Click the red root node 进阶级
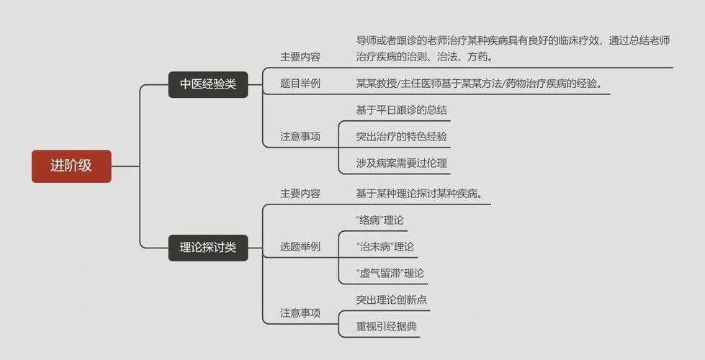pos(71,166)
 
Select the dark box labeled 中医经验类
pos(207,84)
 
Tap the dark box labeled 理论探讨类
pos(207,248)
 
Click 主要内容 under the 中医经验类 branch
pos(300,57)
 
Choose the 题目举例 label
pos(300,84)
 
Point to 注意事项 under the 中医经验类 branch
pos(300,136)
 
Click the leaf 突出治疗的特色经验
pos(401,136)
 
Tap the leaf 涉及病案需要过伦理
pos(401,163)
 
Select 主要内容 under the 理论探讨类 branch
pos(300,194)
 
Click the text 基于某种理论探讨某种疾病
pos(418,194)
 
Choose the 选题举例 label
pos(300,246)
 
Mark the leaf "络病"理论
pos(380,220)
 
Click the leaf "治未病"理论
pos(385,246)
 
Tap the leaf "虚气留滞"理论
pos(390,273)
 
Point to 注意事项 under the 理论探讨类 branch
pos(300,312)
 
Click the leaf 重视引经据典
pos(386,326)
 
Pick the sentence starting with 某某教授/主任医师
pos(479,84)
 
